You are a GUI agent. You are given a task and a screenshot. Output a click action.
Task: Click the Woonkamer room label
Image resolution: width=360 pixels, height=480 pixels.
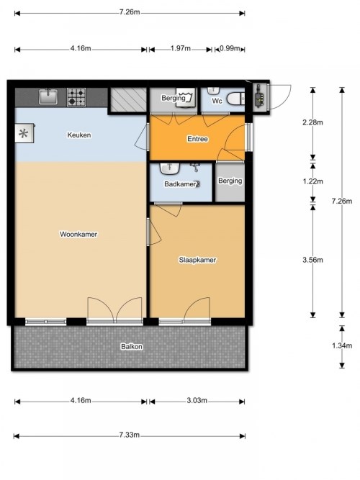[x=78, y=234]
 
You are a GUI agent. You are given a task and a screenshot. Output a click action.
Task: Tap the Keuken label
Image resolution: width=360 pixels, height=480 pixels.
[x=79, y=135]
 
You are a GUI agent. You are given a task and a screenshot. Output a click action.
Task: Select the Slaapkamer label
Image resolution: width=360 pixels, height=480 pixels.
[x=197, y=260]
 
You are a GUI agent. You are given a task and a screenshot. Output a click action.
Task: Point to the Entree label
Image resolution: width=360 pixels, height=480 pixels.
[x=197, y=139]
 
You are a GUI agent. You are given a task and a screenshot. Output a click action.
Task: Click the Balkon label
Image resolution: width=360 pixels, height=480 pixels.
[x=132, y=347]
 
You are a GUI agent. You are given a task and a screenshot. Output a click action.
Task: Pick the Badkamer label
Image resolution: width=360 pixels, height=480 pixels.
[x=180, y=184]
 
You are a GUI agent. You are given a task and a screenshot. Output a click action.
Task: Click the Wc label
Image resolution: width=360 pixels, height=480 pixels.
[x=217, y=101]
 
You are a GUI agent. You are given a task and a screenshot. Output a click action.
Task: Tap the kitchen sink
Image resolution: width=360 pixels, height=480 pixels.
[x=48, y=96]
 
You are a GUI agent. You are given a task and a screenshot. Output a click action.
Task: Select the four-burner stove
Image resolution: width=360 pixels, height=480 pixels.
[x=76, y=97]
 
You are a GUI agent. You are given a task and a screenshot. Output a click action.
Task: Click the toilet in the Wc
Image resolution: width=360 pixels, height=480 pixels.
[x=235, y=99]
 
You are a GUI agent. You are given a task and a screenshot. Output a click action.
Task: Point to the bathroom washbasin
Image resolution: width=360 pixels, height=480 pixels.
[x=169, y=168]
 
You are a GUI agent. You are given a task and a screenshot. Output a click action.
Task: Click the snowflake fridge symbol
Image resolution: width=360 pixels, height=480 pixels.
[x=24, y=133]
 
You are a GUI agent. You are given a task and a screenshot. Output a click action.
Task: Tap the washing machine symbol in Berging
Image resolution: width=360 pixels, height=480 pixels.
[x=186, y=98]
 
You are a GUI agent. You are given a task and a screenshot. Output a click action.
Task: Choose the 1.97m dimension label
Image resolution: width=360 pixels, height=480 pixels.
[x=181, y=48]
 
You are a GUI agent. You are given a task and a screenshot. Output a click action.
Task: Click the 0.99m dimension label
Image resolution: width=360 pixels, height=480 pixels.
[x=230, y=48]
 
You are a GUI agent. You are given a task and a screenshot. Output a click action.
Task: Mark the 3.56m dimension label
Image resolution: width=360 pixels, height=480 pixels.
[x=312, y=260]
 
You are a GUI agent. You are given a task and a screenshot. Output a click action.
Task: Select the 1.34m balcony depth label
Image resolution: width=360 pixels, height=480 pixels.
[x=342, y=345]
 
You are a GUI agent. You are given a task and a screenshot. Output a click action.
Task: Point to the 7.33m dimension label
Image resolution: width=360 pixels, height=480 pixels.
[x=130, y=435]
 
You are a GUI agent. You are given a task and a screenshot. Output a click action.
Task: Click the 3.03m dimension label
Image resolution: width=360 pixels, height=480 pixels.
[x=197, y=400]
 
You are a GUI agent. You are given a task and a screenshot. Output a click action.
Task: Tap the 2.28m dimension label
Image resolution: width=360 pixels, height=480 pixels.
[x=312, y=122]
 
